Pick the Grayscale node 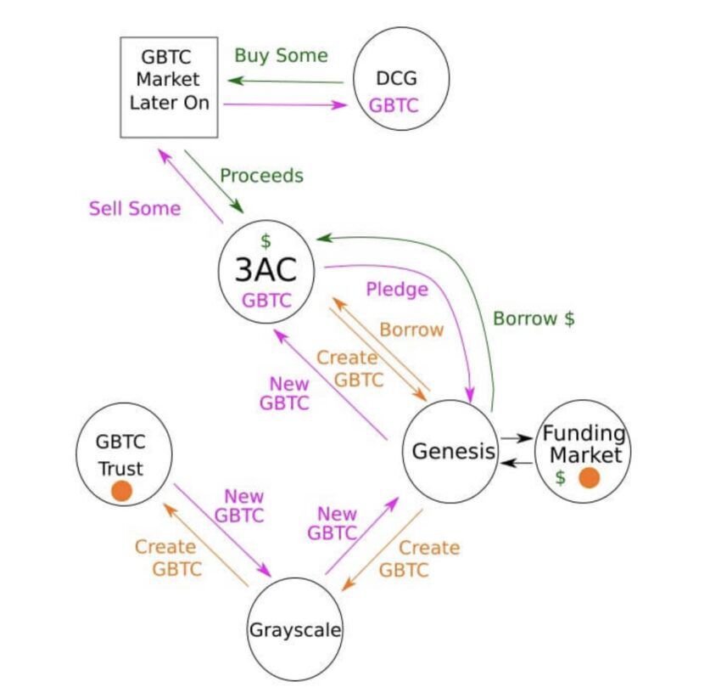tap(294, 630)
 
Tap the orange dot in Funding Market tap(589, 477)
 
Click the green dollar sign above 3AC tap(265, 240)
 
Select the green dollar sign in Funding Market tap(560, 477)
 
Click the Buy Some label tap(281, 56)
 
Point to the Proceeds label tap(261, 176)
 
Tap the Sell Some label tap(135, 208)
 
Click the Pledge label tap(397, 289)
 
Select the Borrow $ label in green tap(534, 318)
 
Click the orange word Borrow tap(411, 330)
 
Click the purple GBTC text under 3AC tap(266, 300)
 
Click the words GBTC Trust tap(120, 454)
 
